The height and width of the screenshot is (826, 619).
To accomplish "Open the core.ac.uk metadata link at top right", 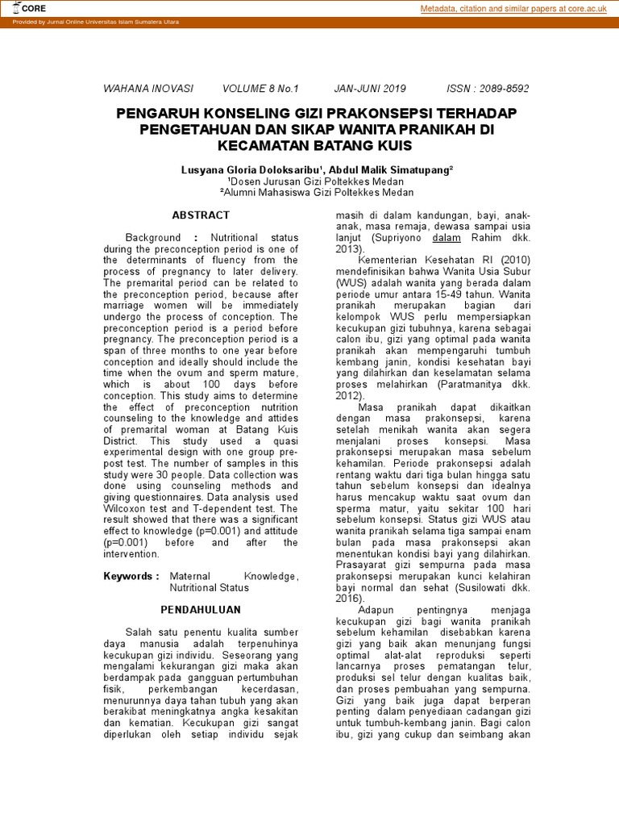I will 514,9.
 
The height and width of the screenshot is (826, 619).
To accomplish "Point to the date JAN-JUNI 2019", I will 370,89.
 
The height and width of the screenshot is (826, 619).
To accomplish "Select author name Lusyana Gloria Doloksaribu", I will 252,170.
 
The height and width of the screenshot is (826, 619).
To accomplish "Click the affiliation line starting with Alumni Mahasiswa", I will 317,193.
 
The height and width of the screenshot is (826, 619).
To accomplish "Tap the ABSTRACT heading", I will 201,215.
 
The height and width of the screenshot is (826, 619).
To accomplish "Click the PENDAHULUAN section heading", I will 201,610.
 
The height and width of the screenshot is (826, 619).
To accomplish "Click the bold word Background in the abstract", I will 153,238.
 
